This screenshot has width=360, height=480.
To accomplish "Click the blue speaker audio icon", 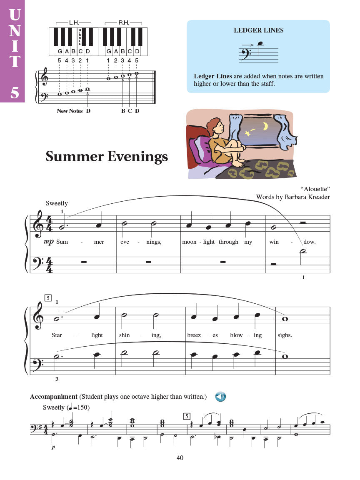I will [220, 397].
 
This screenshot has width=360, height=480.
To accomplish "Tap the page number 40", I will [180, 457].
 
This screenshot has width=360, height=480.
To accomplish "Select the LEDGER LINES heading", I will [258, 30].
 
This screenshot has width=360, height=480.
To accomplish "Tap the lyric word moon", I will [189, 242].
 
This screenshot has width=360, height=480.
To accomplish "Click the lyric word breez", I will [194, 335].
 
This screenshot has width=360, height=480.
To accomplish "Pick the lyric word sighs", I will [285, 335].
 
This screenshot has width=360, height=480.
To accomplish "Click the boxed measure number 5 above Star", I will [48, 298].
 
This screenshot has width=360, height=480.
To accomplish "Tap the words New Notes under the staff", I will [70, 111].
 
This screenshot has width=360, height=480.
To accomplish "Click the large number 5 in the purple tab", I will [15, 92].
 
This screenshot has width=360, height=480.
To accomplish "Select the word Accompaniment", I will [54, 397].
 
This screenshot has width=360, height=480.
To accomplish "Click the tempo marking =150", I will [82, 407].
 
